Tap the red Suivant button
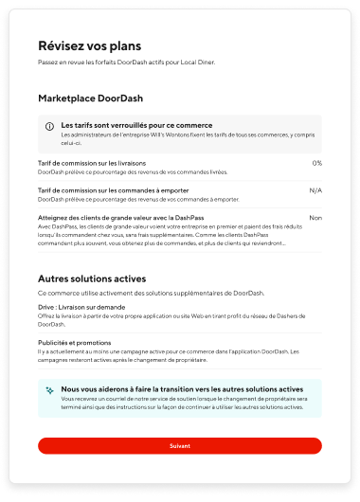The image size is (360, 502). [x=180, y=445]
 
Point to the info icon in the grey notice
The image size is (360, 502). [x=49, y=126]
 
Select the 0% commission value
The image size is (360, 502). [x=316, y=163]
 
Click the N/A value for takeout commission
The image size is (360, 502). [x=315, y=190]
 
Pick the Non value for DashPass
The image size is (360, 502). [x=315, y=218]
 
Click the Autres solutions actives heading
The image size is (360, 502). [x=92, y=279]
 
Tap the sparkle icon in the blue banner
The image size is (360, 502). [x=49, y=389]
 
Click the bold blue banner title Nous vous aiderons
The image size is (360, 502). [x=169, y=388]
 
